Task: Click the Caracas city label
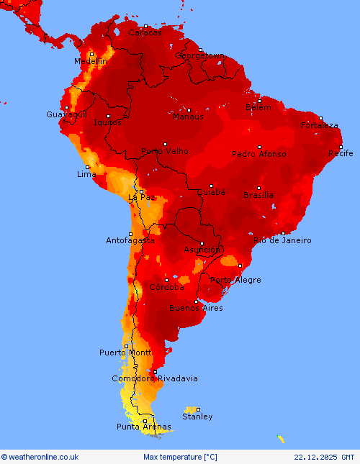[x=145, y=32]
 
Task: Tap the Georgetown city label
[x=200, y=55]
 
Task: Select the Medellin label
[x=90, y=62]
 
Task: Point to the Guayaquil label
[x=66, y=115]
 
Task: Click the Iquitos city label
[x=107, y=122]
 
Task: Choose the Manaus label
[x=188, y=117]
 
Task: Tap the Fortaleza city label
[x=320, y=125]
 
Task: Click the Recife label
[x=341, y=153]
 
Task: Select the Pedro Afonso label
[x=258, y=154]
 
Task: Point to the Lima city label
[x=86, y=175]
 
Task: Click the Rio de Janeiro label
[x=282, y=240]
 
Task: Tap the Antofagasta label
[x=130, y=240]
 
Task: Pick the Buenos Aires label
[x=196, y=308]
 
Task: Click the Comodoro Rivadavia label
[x=155, y=378]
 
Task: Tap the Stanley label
[x=197, y=417]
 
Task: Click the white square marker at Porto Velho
[x=165, y=144]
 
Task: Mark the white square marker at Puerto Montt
[x=126, y=346]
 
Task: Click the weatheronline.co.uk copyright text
[x=40, y=457]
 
